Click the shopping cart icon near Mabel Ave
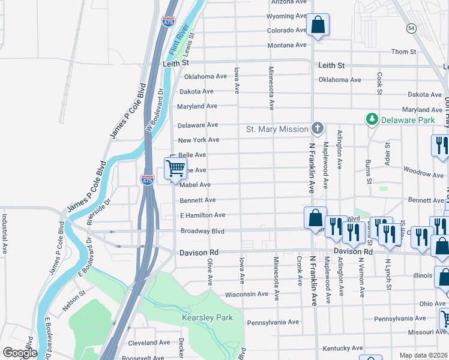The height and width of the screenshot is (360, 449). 175,169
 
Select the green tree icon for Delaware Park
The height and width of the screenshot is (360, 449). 372,120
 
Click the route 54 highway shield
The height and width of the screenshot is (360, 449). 411,28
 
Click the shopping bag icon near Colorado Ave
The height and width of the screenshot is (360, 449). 318,26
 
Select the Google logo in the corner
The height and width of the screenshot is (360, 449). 19,353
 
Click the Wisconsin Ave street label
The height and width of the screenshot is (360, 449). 247,295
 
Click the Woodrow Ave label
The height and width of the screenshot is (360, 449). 424,174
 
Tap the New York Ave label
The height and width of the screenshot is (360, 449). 199,140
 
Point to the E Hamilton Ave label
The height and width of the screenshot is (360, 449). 203,215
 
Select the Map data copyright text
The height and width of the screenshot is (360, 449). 423,355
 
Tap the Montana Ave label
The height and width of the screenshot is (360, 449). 288,46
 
